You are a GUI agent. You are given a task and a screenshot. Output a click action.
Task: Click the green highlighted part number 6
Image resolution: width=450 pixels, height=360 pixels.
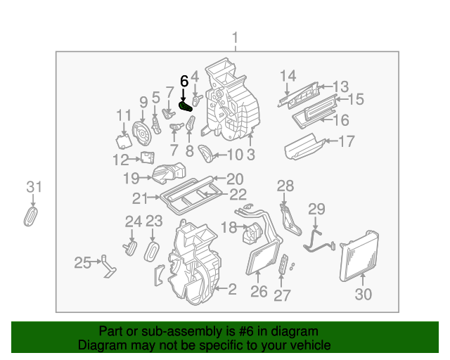[x=186, y=106]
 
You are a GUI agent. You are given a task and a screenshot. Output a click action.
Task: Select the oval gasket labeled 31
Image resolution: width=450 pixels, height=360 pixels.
[x=32, y=216]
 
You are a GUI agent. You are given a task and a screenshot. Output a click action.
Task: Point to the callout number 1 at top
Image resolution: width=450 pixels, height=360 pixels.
[x=236, y=38]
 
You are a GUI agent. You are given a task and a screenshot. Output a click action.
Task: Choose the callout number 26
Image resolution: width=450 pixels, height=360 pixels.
[x=259, y=291]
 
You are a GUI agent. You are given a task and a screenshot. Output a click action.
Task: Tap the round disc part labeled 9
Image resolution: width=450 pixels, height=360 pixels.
[x=143, y=130]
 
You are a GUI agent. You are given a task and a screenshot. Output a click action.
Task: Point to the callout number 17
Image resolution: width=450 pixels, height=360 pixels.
[x=347, y=141]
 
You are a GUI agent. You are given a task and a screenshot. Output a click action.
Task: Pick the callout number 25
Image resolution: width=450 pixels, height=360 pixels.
[x=83, y=263]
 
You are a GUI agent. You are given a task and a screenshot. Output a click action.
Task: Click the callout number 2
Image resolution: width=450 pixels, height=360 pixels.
[x=231, y=288]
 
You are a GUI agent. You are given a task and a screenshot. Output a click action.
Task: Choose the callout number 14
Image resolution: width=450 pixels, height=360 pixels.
[x=288, y=76]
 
